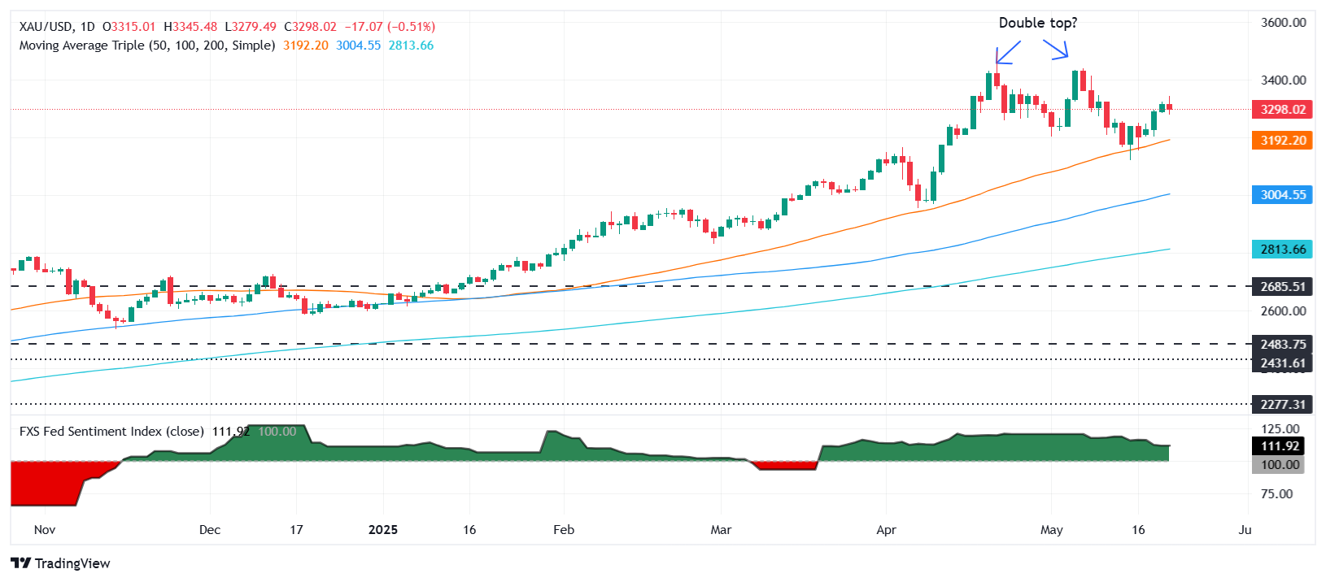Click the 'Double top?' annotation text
(1037, 23)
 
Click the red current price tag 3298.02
(1283, 110)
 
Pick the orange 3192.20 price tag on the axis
(1283, 141)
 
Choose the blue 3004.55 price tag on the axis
(1283, 195)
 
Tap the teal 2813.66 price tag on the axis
(1283, 250)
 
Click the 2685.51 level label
(1283, 287)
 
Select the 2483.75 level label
(1283, 345)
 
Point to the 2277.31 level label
(1283, 404)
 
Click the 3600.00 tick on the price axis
(1283, 23)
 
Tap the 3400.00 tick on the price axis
(1283, 80)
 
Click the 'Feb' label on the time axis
(563, 530)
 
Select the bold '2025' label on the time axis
(382, 530)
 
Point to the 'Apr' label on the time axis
(886, 530)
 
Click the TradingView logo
(61, 563)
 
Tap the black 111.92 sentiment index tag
(1280, 446)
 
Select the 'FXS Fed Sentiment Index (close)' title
(111, 432)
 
